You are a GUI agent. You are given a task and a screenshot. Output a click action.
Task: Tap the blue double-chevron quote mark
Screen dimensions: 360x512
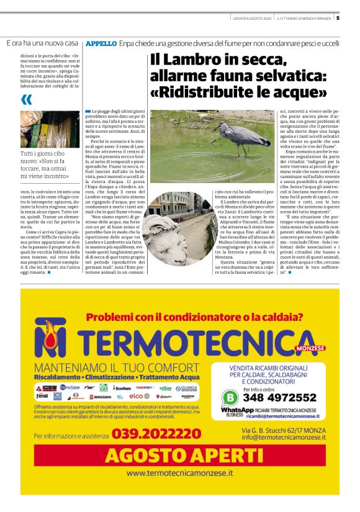click(x=27, y=100)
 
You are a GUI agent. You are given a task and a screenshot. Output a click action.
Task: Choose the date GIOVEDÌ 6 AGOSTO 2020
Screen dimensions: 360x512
click(x=250, y=17)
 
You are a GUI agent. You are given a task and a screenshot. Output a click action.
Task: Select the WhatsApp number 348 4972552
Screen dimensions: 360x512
click(x=279, y=397)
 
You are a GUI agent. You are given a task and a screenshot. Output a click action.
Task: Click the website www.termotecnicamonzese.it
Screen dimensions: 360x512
click(x=180, y=473)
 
